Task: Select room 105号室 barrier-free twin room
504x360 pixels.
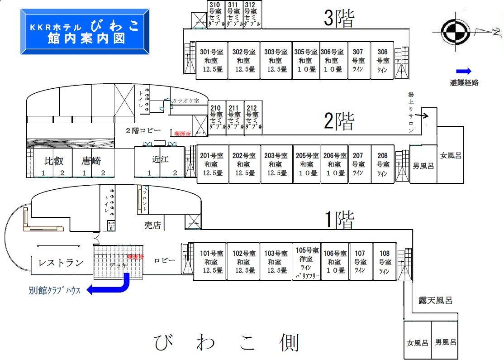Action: pos(307,262)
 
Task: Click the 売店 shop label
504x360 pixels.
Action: pos(152,225)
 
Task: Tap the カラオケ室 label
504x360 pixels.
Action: pos(185,101)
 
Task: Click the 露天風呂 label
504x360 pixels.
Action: pos(434,300)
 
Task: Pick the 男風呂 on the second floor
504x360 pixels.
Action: pos(423,166)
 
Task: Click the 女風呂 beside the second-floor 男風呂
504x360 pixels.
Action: pos(451,155)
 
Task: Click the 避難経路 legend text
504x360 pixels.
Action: pos(464,82)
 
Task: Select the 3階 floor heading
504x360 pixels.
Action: pos(339,19)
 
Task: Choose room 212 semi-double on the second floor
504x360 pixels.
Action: pos(252,118)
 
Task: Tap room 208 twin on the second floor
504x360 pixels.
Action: pos(383,164)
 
